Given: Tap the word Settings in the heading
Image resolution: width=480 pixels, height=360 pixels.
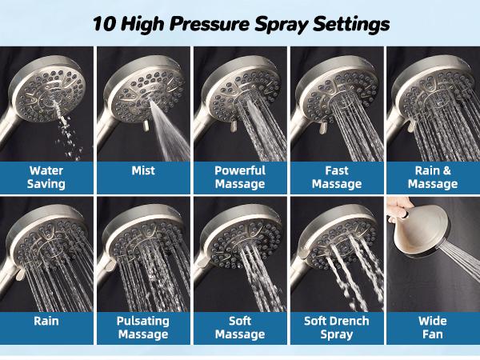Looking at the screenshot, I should pos(350,23).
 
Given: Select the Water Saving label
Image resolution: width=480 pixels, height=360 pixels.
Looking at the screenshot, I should pos(47,177).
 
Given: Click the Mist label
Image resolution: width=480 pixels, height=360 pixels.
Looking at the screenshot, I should pos(143,170).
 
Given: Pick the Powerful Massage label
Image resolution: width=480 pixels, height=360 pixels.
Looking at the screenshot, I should pos(239,177).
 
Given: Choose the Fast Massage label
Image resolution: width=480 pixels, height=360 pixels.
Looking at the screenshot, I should pos(337,177).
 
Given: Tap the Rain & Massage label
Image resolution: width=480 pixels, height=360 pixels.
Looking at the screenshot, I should pos(433,177).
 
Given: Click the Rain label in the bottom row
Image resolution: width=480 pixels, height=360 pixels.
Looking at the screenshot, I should pos(47,322).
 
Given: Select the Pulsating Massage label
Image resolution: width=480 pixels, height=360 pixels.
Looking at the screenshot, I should pos(143,328).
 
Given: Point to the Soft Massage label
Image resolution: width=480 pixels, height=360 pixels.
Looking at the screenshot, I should pos(239,328).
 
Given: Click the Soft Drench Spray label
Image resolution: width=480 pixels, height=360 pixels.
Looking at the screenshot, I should pos(337,328).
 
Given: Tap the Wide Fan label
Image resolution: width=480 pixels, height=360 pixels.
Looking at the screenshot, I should pos(433,328).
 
